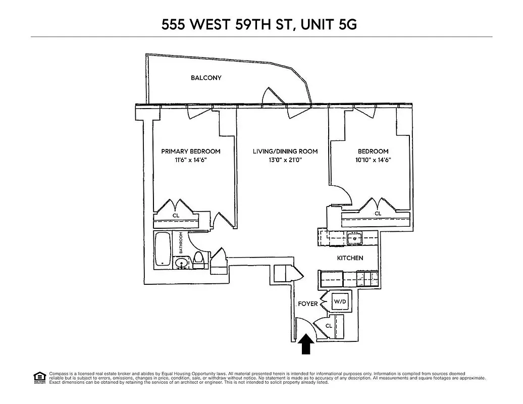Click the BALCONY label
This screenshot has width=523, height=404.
click(x=206, y=78)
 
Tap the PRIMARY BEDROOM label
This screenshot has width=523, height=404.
click(x=191, y=151)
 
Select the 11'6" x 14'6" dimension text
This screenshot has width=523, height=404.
click(x=191, y=160)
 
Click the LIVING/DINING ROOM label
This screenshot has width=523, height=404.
click(x=285, y=151)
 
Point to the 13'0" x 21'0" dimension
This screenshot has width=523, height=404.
click(x=285, y=160)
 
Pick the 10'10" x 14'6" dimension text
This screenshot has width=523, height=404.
click(x=373, y=160)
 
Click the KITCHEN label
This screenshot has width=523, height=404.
click(x=350, y=258)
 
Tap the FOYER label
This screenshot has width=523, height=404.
click(x=308, y=304)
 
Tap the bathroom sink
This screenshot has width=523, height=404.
click(x=181, y=263)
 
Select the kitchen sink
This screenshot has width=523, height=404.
click(x=355, y=237)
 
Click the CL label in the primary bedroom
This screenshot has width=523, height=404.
click(x=176, y=216)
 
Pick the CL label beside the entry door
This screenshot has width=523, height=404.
click(x=329, y=326)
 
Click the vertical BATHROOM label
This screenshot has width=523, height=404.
click(x=180, y=243)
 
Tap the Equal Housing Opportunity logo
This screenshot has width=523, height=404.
click(x=39, y=377)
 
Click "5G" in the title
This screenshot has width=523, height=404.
click(x=347, y=25)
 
